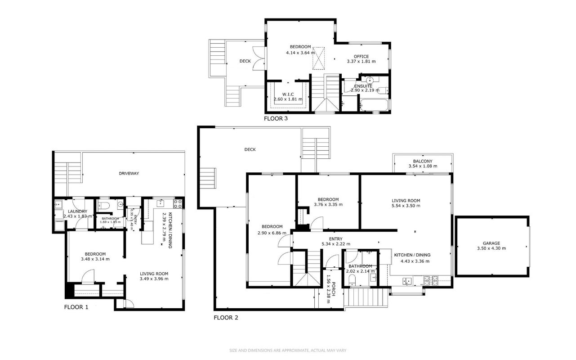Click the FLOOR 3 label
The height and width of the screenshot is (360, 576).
coord(276,119)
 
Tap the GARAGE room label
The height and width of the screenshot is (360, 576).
coord(491,243)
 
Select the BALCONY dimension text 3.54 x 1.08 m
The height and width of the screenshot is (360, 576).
coord(423,166)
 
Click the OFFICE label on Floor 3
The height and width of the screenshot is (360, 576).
coord(361,57)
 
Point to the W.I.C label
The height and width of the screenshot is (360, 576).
coord(288,94)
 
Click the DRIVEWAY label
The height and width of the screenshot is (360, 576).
coord(129,173)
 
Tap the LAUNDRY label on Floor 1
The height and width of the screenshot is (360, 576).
coord(77,211)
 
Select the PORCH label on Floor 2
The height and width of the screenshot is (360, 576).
coord(334,289)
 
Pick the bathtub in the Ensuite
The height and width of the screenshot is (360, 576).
coord(374,105)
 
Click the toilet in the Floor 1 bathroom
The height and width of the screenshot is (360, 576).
coord(104,206)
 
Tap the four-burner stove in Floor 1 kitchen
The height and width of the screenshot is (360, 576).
coord(178,204)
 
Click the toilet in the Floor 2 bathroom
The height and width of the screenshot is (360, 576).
coord(352,280)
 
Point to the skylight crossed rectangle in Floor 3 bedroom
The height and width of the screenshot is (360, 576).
coord(319,58)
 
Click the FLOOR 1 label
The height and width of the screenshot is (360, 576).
coord(76,307)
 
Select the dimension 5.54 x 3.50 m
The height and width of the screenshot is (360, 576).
coord(406,206)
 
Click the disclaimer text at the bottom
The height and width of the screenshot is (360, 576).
coord(288,351)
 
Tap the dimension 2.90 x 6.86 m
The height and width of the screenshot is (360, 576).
coord(272,233)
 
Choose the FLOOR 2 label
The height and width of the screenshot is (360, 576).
coord(226,318)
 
